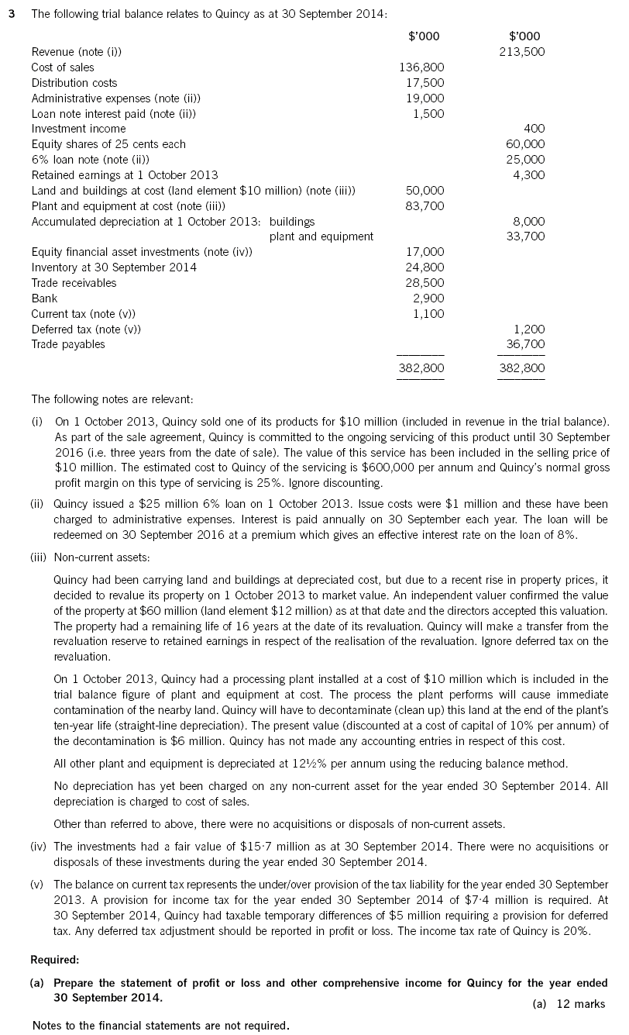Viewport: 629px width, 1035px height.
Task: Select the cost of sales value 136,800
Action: pyautogui.click(x=421, y=67)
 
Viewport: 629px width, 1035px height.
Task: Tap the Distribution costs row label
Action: pyautogui.click(x=74, y=83)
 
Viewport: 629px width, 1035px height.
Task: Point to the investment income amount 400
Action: pyautogui.click(x=534, y=129)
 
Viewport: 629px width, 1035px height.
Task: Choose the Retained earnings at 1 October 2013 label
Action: pyautogui.click(x=125, y=175)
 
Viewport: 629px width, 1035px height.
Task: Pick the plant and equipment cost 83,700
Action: pyautogui.click(x=425, y=205)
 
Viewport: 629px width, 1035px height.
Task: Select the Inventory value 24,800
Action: pyautogui.click(x=425, y=267)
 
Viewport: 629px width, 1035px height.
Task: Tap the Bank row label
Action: pyautogui.click(x=44, y=298)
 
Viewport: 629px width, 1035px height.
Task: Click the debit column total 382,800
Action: pyautogui.click(x=421, y=369)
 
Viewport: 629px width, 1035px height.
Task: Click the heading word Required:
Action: pyautogui.click(x=54, y=959)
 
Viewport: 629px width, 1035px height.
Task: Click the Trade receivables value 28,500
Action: pyautogui.click(x=425, y=283)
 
